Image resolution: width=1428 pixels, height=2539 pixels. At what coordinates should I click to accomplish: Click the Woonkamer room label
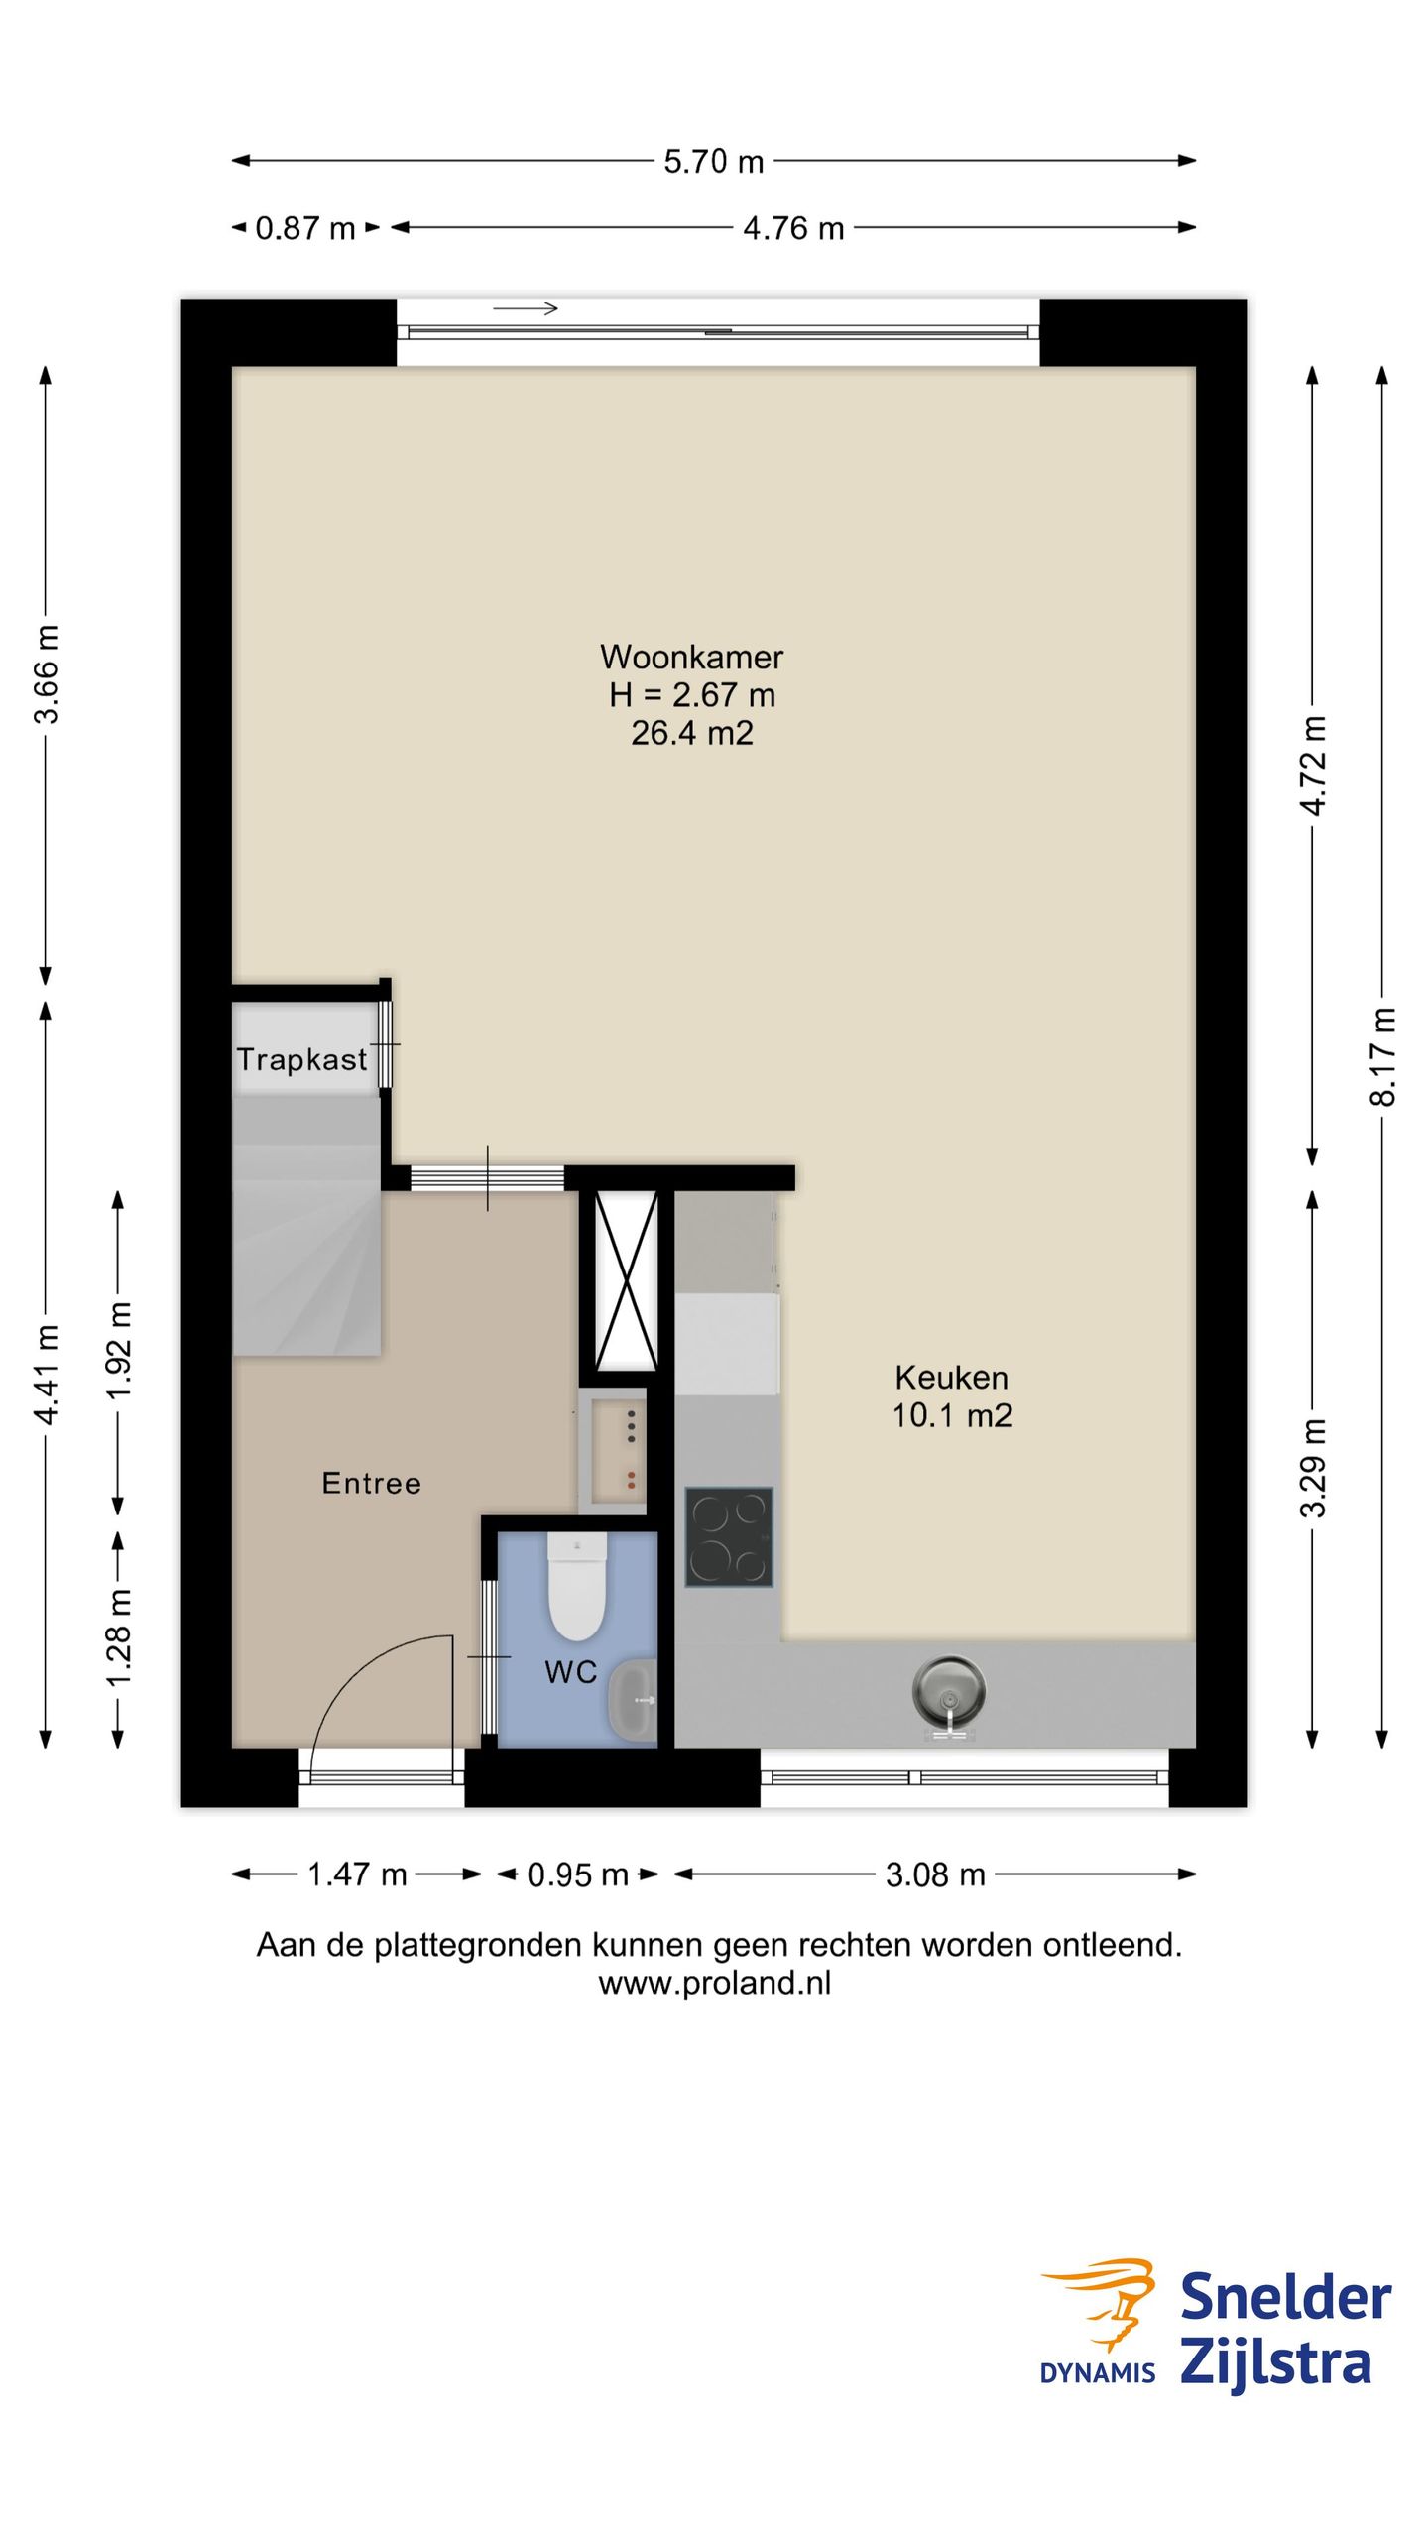[x=691, y=657]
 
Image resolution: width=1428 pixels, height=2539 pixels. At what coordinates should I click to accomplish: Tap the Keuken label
[x=951, y=1377]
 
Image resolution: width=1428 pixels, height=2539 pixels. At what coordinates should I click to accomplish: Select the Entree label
[x=372, y=1483]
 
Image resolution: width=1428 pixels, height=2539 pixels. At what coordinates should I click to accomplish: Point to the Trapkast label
[x=301, y=1059]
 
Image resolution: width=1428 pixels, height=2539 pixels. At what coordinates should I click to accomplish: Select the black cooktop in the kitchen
[x=729, y=1537]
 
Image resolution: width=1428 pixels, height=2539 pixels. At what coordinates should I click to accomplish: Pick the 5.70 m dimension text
[x=714, y=161]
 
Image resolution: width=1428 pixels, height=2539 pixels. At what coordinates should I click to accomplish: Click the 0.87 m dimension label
[x=305, y=228]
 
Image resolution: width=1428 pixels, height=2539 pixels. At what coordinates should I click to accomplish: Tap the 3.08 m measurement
[x=935, y=1874]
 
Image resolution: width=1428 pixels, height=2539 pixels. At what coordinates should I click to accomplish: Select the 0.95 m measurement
[x=577, y=1874]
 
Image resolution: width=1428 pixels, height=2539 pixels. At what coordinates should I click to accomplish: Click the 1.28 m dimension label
[x=118, y=1636]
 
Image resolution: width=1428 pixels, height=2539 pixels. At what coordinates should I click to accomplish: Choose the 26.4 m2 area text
[x=692, y=733]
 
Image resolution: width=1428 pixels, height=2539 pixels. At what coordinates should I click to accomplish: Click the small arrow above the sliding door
[x=526, y=308]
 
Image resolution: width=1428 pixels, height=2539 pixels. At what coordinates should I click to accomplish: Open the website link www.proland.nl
[x=715, y=1983]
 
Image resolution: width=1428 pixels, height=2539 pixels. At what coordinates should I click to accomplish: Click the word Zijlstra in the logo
[x=1276, y=2363]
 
